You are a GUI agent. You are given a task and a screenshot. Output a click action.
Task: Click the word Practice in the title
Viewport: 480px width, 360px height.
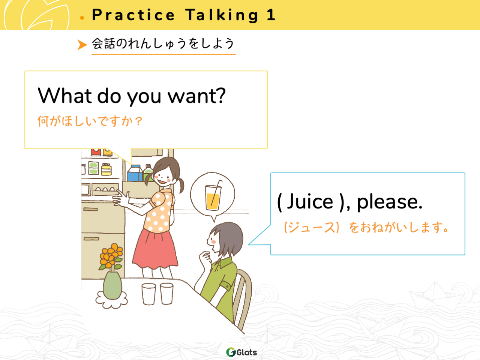tap(133, 15)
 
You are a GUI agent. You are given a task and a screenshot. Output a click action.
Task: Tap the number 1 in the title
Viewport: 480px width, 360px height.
tap(271, 15)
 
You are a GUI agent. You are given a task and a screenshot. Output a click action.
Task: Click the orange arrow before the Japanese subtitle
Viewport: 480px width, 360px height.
tap(82, 45)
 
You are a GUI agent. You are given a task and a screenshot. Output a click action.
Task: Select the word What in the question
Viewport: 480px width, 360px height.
tap(65, 96)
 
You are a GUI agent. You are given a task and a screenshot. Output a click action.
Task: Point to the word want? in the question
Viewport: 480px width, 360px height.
tap(196, 96)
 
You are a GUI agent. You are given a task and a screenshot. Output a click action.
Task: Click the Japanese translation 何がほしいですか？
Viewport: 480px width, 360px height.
tap(90, 121)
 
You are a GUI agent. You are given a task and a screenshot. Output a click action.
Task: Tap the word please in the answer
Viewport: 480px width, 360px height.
tap(389, 202)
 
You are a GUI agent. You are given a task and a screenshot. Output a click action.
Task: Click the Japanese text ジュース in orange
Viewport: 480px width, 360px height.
tap(312, 227)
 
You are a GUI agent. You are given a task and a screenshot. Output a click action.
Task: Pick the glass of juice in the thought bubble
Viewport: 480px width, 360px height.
tap(213, 195)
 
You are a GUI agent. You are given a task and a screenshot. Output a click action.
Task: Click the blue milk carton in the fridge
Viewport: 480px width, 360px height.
tap(135, 173)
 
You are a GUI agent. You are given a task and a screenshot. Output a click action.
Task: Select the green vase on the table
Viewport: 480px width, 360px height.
tap(112, 285)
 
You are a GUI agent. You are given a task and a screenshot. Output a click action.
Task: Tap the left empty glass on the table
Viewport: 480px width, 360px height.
tap(149, 294)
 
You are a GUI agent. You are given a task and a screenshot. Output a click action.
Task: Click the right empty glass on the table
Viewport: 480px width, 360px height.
tap(166, 294)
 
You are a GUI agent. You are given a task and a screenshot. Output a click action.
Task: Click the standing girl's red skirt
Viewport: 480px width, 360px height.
tap(155, 249)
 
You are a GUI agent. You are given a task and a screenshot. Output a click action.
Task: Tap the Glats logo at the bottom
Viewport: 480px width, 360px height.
tap(241, 352)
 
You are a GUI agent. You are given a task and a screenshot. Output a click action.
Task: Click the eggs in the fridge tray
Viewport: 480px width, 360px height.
tap(105, 189)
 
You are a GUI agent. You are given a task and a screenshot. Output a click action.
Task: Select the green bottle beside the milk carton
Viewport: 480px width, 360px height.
tap(148, 172)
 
